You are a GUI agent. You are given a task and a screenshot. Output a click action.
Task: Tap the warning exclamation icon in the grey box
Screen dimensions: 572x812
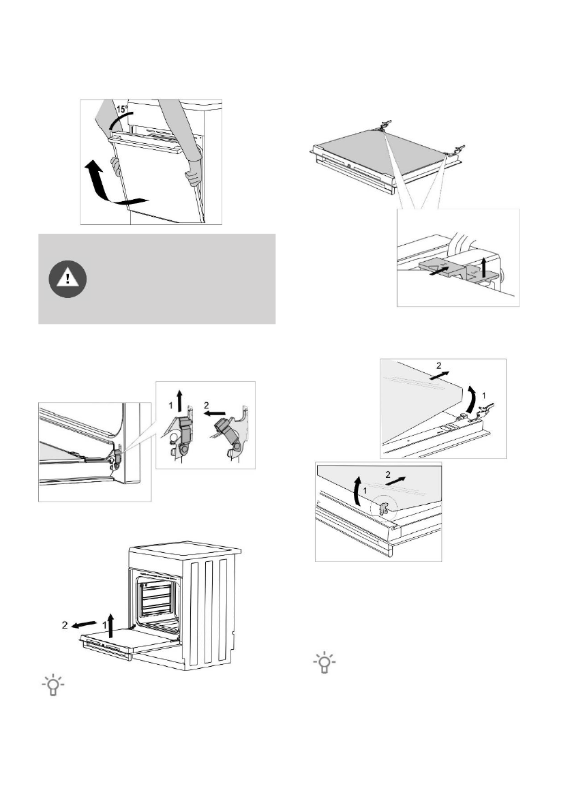point(67,277)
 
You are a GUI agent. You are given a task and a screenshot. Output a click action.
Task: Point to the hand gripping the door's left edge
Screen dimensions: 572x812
point(116,166)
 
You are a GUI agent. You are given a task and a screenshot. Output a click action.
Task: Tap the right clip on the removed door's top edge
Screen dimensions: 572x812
point(456,149)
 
